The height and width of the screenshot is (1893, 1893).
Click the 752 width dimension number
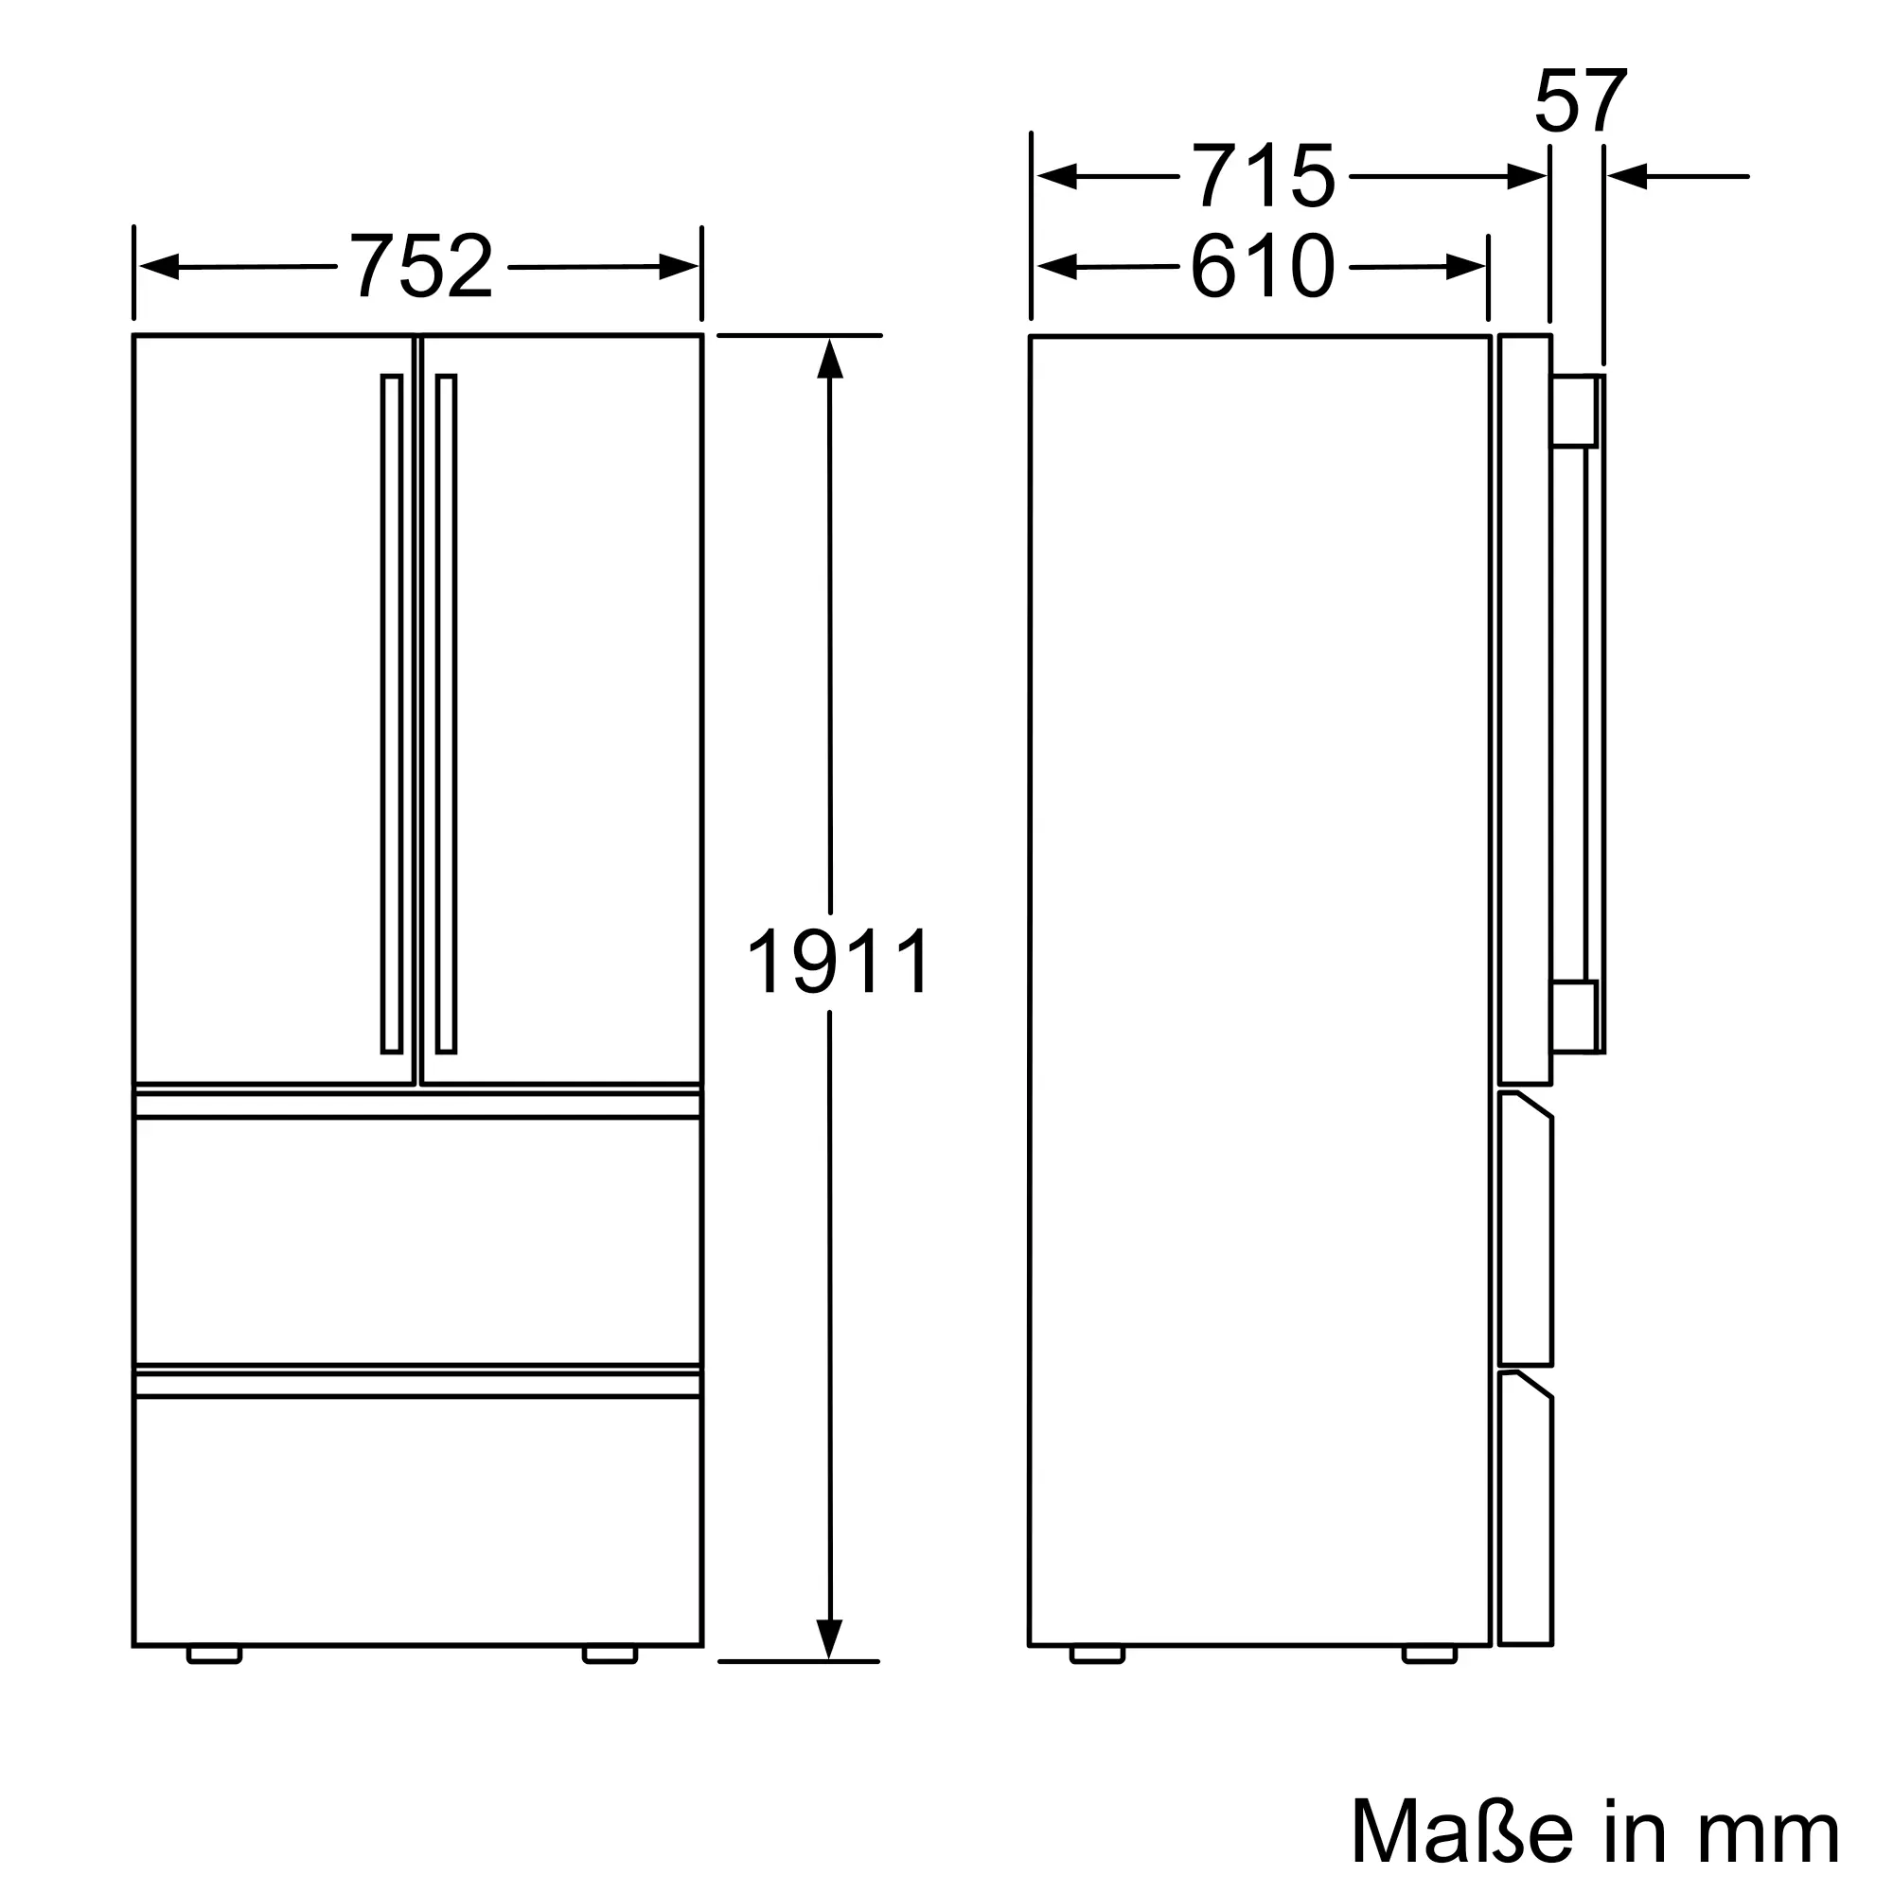click(x=421, y=267)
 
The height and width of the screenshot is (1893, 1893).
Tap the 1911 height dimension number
click(x=839, y=962)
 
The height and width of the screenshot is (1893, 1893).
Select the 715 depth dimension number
click(x=1263, y=176)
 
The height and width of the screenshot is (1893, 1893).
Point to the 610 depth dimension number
click(x=1263, y=266)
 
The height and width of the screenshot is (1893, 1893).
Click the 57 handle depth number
click(x=1581, y=101)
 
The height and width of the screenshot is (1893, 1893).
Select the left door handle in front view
click(x=392, y=714)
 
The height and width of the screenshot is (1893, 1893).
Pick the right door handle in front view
click(x=447, y=714)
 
